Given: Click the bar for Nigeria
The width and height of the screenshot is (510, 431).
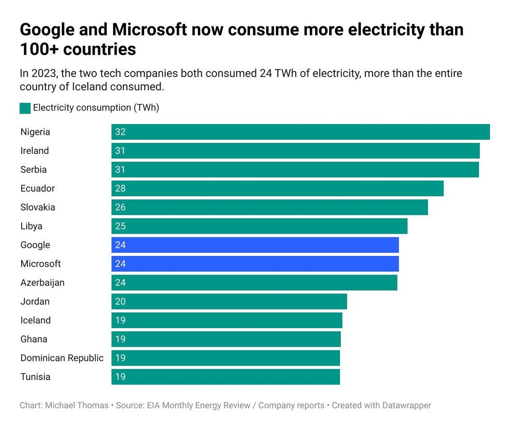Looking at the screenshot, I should coord(300,132).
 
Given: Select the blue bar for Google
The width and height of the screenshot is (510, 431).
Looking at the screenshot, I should coord(255,245).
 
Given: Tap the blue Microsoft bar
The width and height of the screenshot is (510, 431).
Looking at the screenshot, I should coord(255,264).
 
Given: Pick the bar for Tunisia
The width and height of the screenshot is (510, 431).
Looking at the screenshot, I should coord(226,377).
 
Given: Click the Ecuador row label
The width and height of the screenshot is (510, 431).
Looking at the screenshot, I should coord(37,188).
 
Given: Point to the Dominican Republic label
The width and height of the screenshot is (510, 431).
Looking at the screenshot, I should coord(62,358).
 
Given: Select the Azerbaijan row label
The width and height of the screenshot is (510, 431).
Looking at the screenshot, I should coord(42,283).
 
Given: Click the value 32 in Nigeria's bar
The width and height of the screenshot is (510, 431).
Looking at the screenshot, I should coord(120,132).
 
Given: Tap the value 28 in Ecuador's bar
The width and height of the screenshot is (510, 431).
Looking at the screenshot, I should coord(120,188).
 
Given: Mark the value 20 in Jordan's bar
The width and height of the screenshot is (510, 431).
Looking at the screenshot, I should coord(120,301).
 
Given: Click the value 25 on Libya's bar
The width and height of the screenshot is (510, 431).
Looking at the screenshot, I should coord(120,226).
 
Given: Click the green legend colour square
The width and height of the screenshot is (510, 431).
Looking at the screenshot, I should coord(25,108).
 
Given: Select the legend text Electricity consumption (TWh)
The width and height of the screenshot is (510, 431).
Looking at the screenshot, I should coord(96,108).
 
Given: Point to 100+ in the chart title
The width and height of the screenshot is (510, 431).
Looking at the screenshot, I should coord(39,49).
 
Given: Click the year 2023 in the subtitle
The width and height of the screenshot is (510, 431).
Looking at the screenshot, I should coord(43,74).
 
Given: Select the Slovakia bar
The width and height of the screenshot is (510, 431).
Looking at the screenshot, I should coord(269,207).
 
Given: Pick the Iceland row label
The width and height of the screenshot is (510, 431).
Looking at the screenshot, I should coord(35,320).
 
